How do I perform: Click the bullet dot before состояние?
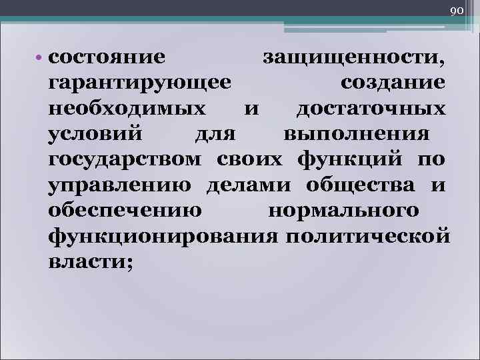coord(41,57)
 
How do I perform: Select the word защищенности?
coord(354,57)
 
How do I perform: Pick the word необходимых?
coord(127,108)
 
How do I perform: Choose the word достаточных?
coord(371,108)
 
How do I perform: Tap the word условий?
coord(95,133)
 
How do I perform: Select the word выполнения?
coord(356,133)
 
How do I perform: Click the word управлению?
coord(118,185)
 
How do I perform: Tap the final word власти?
coord(91,261)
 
